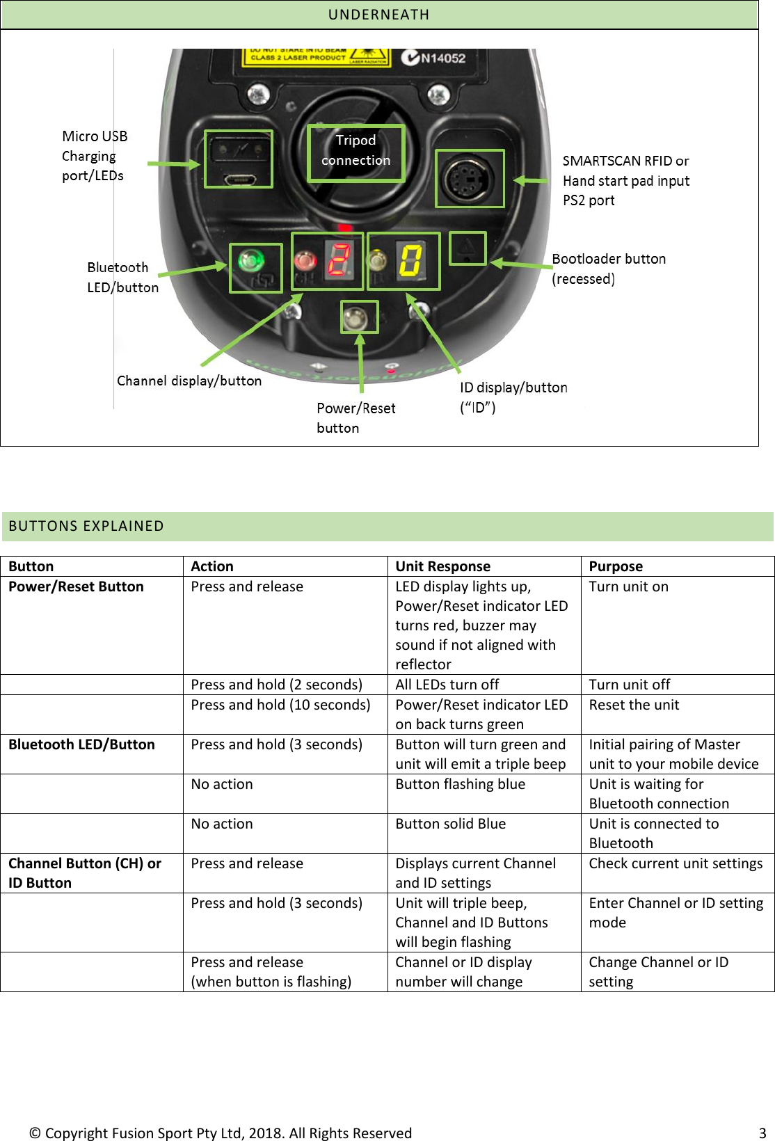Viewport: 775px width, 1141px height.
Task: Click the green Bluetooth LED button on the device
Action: coord(251,262)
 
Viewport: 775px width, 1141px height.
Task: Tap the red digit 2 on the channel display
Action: coord(339,261)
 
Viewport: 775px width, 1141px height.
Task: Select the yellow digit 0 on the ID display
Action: coord(410,261)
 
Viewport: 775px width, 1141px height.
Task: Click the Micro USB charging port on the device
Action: coord(239,179)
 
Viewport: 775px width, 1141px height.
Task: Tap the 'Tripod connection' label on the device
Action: coord(356,150)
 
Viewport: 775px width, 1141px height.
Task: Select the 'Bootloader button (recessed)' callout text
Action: coord(609,269)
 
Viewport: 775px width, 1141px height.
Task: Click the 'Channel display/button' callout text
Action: coord(189,381)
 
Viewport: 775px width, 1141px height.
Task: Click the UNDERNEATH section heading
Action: coord(378,15)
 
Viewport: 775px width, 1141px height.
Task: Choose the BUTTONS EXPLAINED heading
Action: coord(86,526)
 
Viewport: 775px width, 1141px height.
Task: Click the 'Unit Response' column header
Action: coord(442,566)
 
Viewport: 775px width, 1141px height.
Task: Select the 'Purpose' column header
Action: coord(616,566)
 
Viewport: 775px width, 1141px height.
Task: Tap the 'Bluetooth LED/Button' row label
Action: coord(81,744)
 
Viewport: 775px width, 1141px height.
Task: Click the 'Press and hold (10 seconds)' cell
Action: coord(280,705)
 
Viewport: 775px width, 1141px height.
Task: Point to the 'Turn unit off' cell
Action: coord(629,685)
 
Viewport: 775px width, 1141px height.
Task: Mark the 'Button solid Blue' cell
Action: coord(450,824)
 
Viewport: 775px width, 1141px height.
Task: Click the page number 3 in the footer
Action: coord(762,1133)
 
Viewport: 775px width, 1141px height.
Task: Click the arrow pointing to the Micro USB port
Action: coord(174,164)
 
